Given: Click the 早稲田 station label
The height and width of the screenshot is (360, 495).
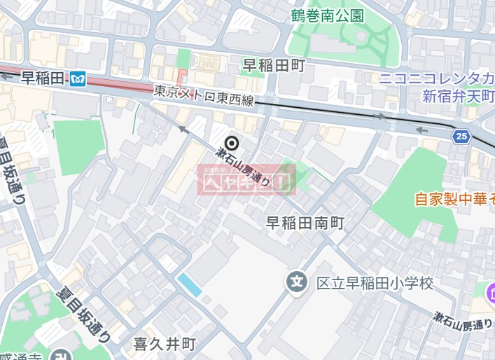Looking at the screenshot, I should [42, 77].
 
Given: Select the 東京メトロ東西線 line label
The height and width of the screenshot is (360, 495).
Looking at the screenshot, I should [203, 97].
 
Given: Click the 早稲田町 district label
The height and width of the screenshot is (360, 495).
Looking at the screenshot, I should [274, 66].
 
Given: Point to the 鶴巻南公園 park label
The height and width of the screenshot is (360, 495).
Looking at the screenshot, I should [328, 15].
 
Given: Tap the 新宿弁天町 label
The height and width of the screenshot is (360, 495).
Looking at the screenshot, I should [458, 96].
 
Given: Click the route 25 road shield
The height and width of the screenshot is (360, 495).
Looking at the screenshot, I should [461, 136].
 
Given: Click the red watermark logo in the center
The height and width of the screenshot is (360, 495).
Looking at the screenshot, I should [246, 180].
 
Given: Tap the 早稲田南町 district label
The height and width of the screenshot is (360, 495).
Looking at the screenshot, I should [305, 223].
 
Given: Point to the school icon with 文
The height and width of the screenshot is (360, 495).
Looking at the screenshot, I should [297, 283].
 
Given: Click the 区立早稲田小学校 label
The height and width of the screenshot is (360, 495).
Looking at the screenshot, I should [375, 284].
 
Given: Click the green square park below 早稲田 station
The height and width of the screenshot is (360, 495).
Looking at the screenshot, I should [78, 147].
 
